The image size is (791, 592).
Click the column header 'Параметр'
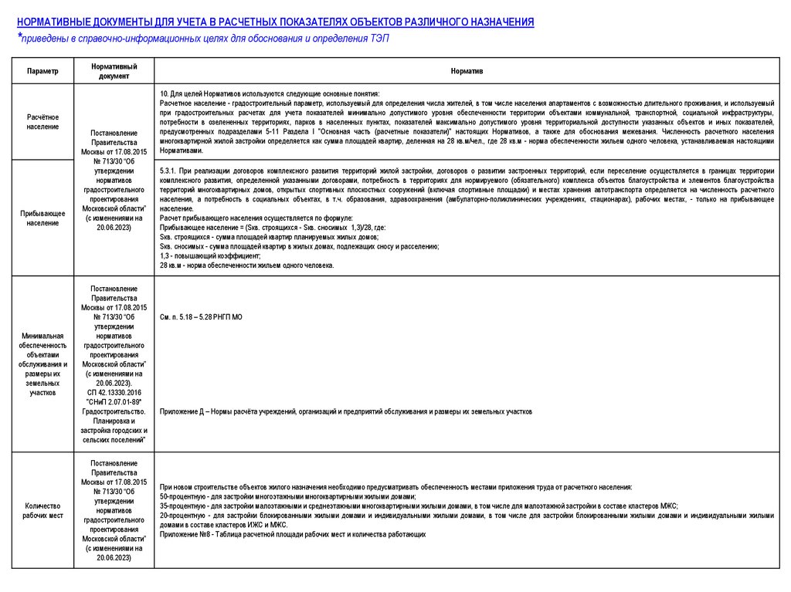[x=42, y=71]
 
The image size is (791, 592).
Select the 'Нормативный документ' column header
[x=114, y=71]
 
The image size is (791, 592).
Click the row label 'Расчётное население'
[x=42, y=121]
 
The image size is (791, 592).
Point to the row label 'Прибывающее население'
[x=42, y=218]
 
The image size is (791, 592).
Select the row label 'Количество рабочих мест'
[x=42, y=510]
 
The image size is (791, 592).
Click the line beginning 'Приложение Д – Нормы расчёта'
[x=345, y=411]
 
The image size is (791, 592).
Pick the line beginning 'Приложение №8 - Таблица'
[x=293, y=534]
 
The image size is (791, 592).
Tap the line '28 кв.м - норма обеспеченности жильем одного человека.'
[x=246, y=265]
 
